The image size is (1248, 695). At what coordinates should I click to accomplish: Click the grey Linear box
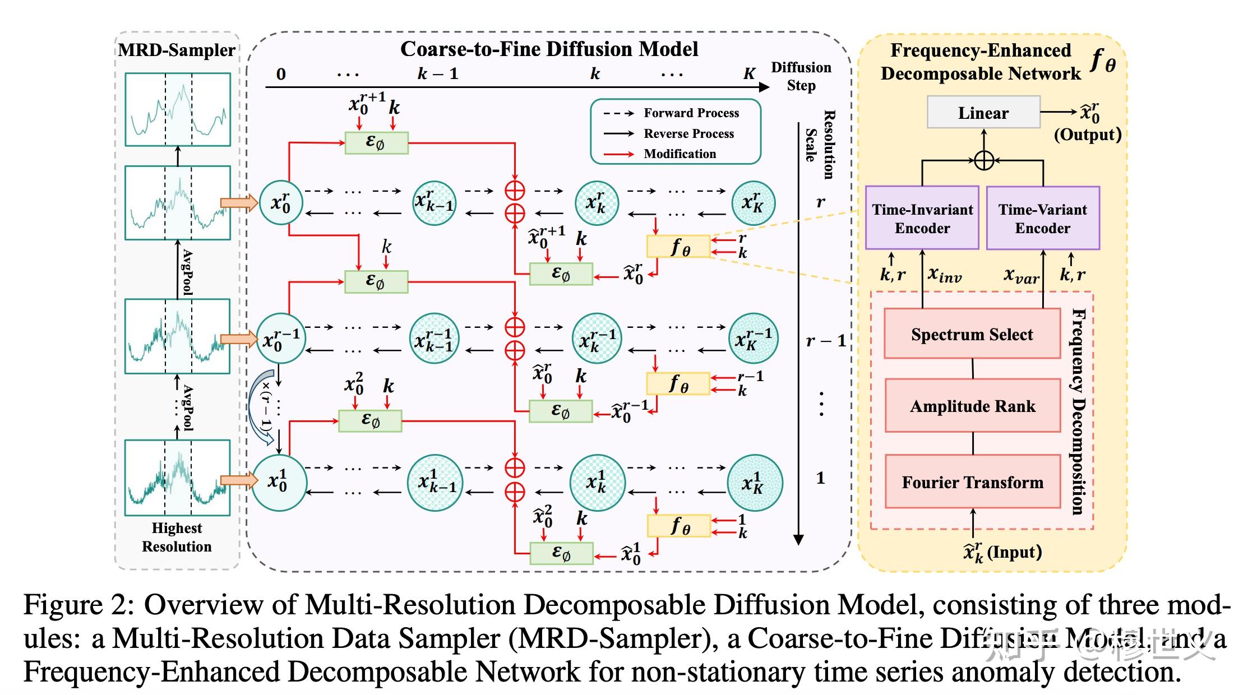[x=983, y=113]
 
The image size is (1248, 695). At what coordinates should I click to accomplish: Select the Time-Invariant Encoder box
[x=922, y=218]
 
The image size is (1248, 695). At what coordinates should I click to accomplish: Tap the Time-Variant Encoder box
[x=1043, y=218]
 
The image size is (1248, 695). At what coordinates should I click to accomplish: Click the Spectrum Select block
[x=972, y=334]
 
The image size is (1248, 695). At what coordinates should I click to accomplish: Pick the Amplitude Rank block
[x=973, y=406]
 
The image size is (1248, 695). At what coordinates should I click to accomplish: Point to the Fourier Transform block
[x=973, y=482]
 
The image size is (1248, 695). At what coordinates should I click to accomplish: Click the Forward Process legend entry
[x=691, y=113]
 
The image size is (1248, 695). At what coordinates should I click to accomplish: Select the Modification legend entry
[x=680, y=154]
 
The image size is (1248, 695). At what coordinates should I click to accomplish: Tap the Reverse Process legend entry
[x=688, y=133]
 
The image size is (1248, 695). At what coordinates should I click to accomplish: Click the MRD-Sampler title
[x=177, y=50]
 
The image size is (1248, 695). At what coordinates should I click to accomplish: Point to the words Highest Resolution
[x=177, y=537]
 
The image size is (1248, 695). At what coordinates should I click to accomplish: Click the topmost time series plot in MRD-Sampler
[x=178, y=109]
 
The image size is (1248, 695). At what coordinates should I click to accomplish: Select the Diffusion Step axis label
[x=801, y=76]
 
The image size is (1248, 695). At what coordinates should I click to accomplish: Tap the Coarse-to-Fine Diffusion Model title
[x=549, y=49]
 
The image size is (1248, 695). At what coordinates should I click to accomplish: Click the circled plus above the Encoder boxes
[x=984, y=161]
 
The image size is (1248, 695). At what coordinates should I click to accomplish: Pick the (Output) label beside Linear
[x=1088, y=135]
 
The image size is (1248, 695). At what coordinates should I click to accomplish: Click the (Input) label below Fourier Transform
[x=1014, y=552]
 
